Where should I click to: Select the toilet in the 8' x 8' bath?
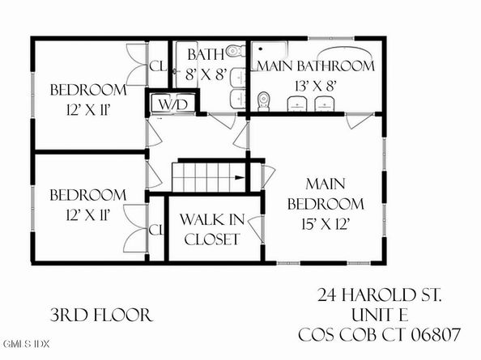[x=233, y=52]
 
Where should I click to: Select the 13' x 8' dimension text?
[x=316, y=83]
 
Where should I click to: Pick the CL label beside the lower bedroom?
[x=155, y=229]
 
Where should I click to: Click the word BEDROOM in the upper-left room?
[x=87, y=90]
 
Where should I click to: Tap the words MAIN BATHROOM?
[x=316, y=66]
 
